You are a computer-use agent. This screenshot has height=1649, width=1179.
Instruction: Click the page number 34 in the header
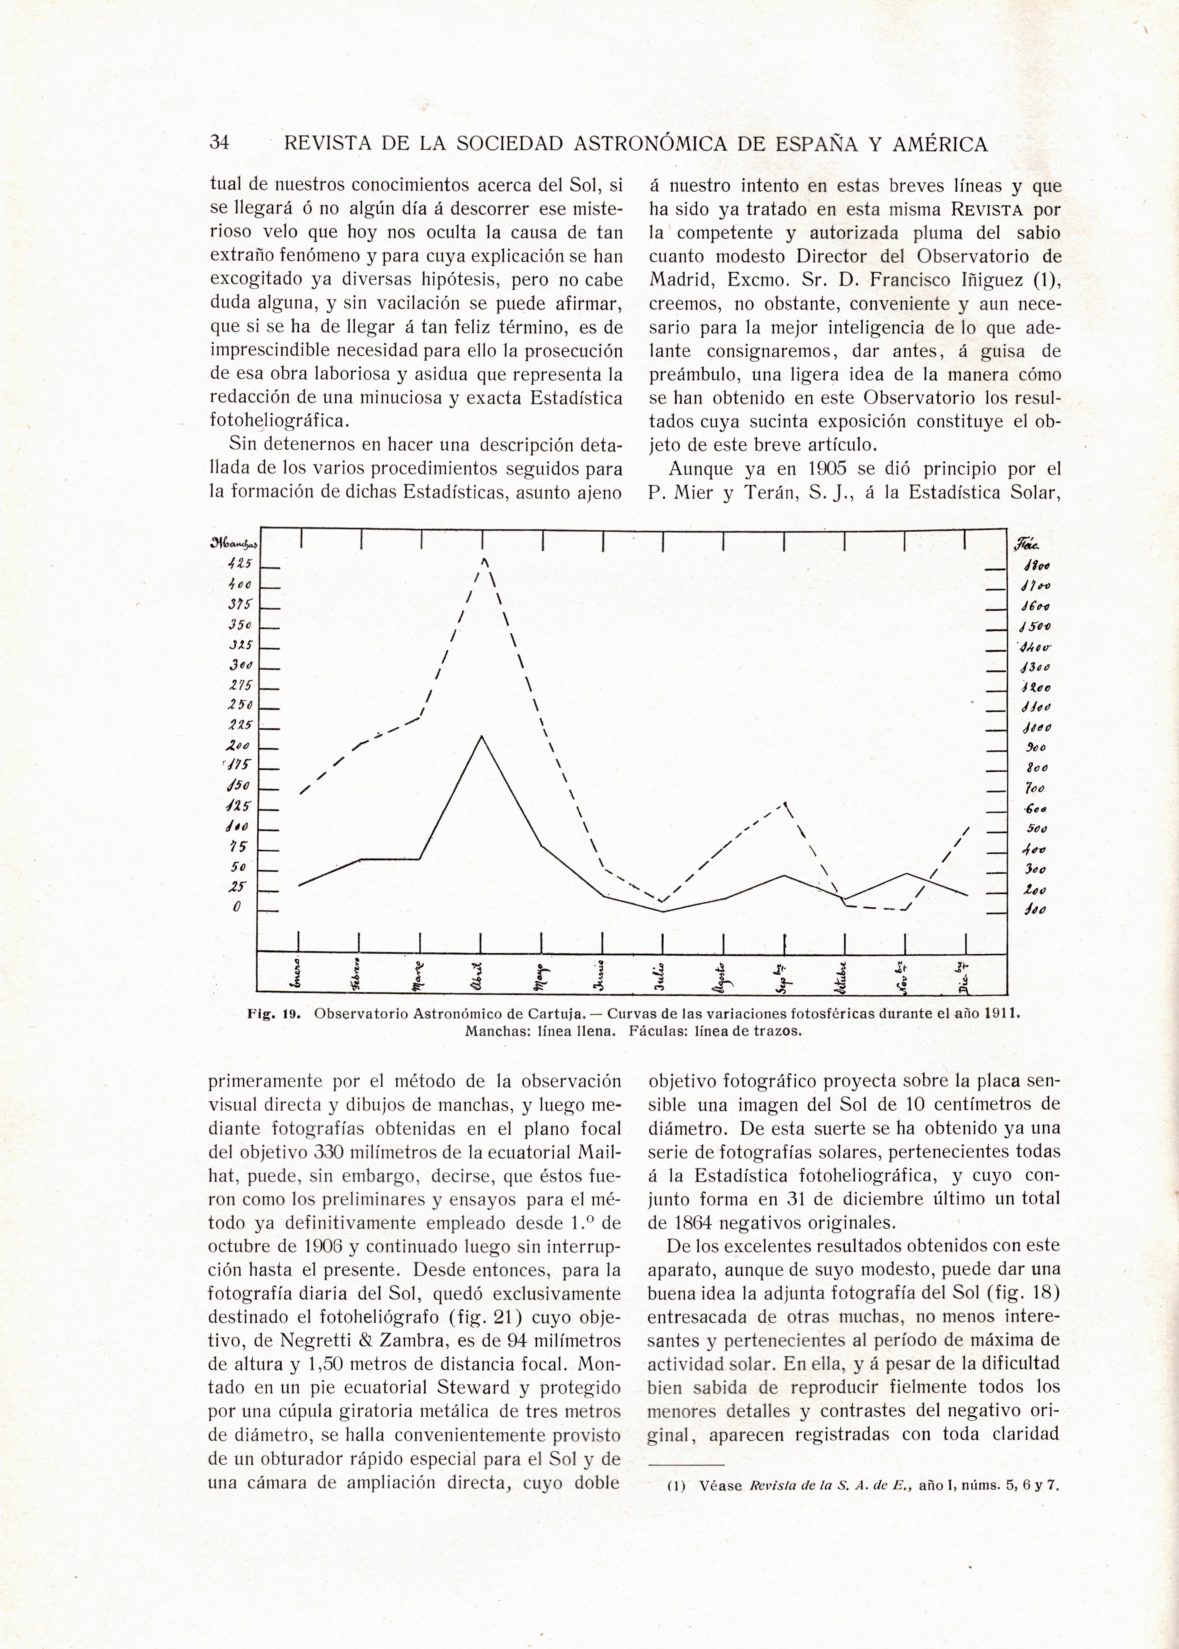[219, 143]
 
